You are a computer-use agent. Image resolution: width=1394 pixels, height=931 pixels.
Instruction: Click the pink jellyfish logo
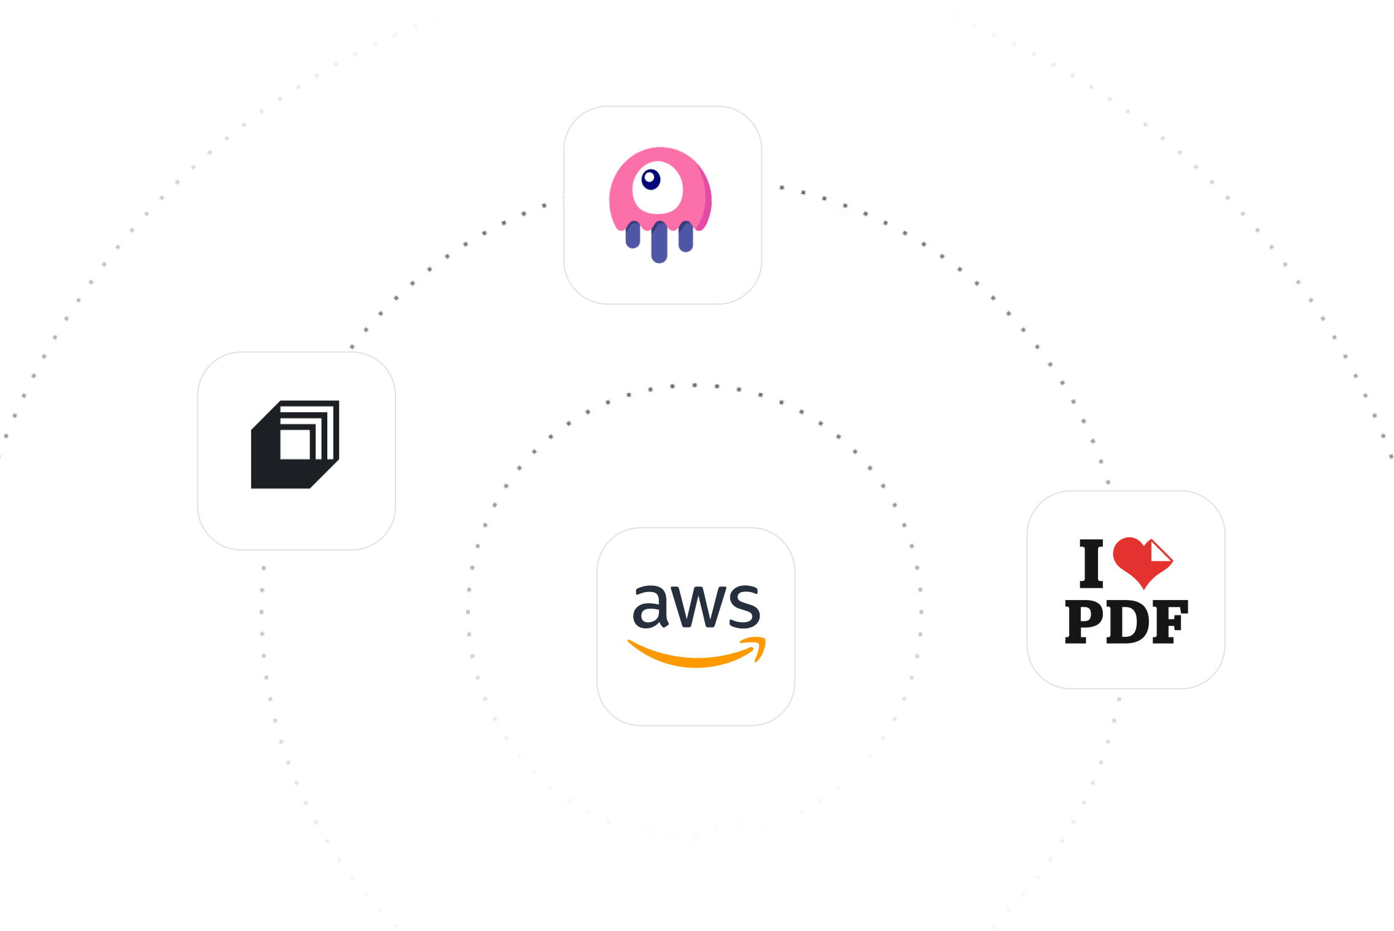[x=660, y=205]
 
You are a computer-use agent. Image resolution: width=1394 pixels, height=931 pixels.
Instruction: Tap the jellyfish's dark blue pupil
[x=650, y=179]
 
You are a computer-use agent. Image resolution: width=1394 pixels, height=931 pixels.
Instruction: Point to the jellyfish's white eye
[x=657, y=188]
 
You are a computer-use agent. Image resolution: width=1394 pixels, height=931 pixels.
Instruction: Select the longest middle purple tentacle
[x=660, y=242]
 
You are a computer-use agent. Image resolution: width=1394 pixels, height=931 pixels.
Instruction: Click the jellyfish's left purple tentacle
[x=633, y=235]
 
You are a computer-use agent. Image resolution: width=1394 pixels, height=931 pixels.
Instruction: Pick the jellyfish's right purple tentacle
[x=686, y=236]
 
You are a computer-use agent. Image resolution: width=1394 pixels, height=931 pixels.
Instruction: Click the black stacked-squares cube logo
[x=295, y=445]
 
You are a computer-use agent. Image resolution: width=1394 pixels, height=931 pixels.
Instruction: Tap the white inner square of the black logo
[x=295, y=444]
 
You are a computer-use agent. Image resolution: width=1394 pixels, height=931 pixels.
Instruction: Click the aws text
[x=696, y=606]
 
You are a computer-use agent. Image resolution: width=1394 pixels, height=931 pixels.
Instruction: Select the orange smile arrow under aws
[x=696, y=652]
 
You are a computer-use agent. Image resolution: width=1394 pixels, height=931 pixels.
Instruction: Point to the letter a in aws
[x=650, y=606]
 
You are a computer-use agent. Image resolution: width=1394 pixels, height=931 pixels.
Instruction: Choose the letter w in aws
[x=697, y=607]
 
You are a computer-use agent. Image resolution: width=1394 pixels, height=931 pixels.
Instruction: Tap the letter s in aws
[x=743, y=606]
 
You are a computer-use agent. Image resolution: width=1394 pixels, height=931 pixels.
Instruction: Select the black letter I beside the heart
[x=1091, y=563]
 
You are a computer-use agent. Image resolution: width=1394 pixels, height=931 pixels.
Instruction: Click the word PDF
[x=1126, y=621]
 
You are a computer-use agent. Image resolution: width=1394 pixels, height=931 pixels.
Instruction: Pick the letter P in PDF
[x=1084, y=621]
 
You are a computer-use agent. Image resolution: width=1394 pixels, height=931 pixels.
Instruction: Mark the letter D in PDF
[x=1128, y=621]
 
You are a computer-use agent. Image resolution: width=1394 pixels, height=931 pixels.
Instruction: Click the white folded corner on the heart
[x=1160, y=551]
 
